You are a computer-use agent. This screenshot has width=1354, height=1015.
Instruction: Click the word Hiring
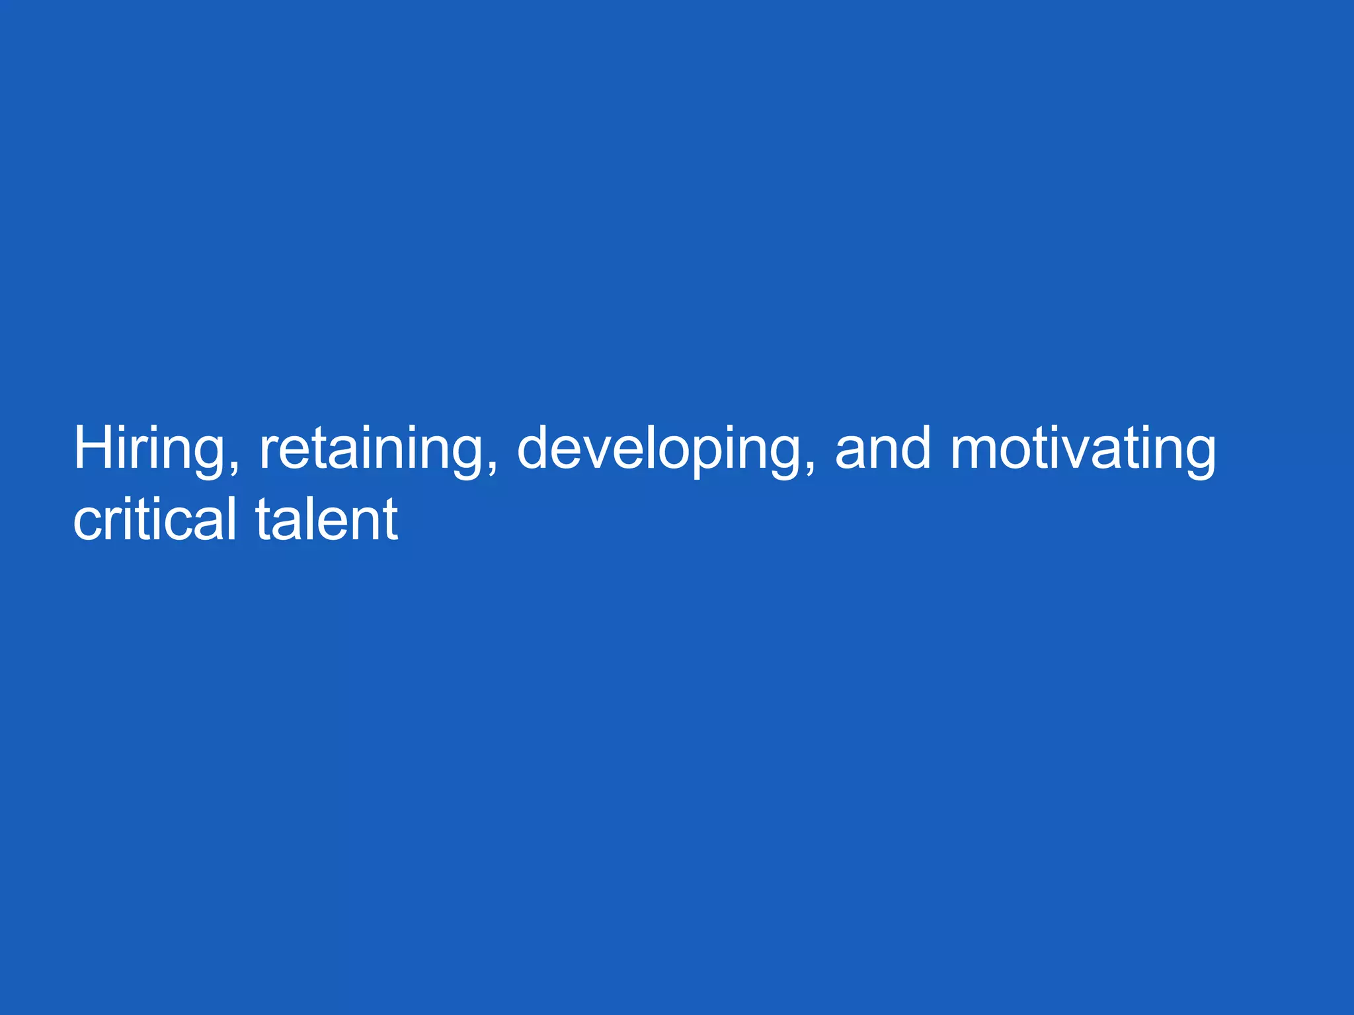(149, 449)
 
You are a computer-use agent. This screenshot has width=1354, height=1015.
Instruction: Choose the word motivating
(1083, 449)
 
